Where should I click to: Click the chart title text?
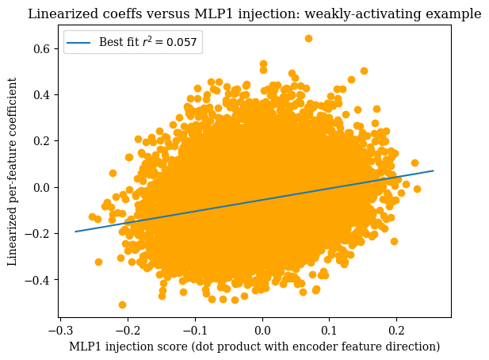pyautogui.click(x=254, y=13)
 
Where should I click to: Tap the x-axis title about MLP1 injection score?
pyautogui.click(x=254, y=347)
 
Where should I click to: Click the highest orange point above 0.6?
pyautogui.click(x=308, y=38)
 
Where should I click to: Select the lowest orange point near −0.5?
pyautogui.click(x=122, y=304)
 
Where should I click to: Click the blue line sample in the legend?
pyautogui.click(x=79, y=42)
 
